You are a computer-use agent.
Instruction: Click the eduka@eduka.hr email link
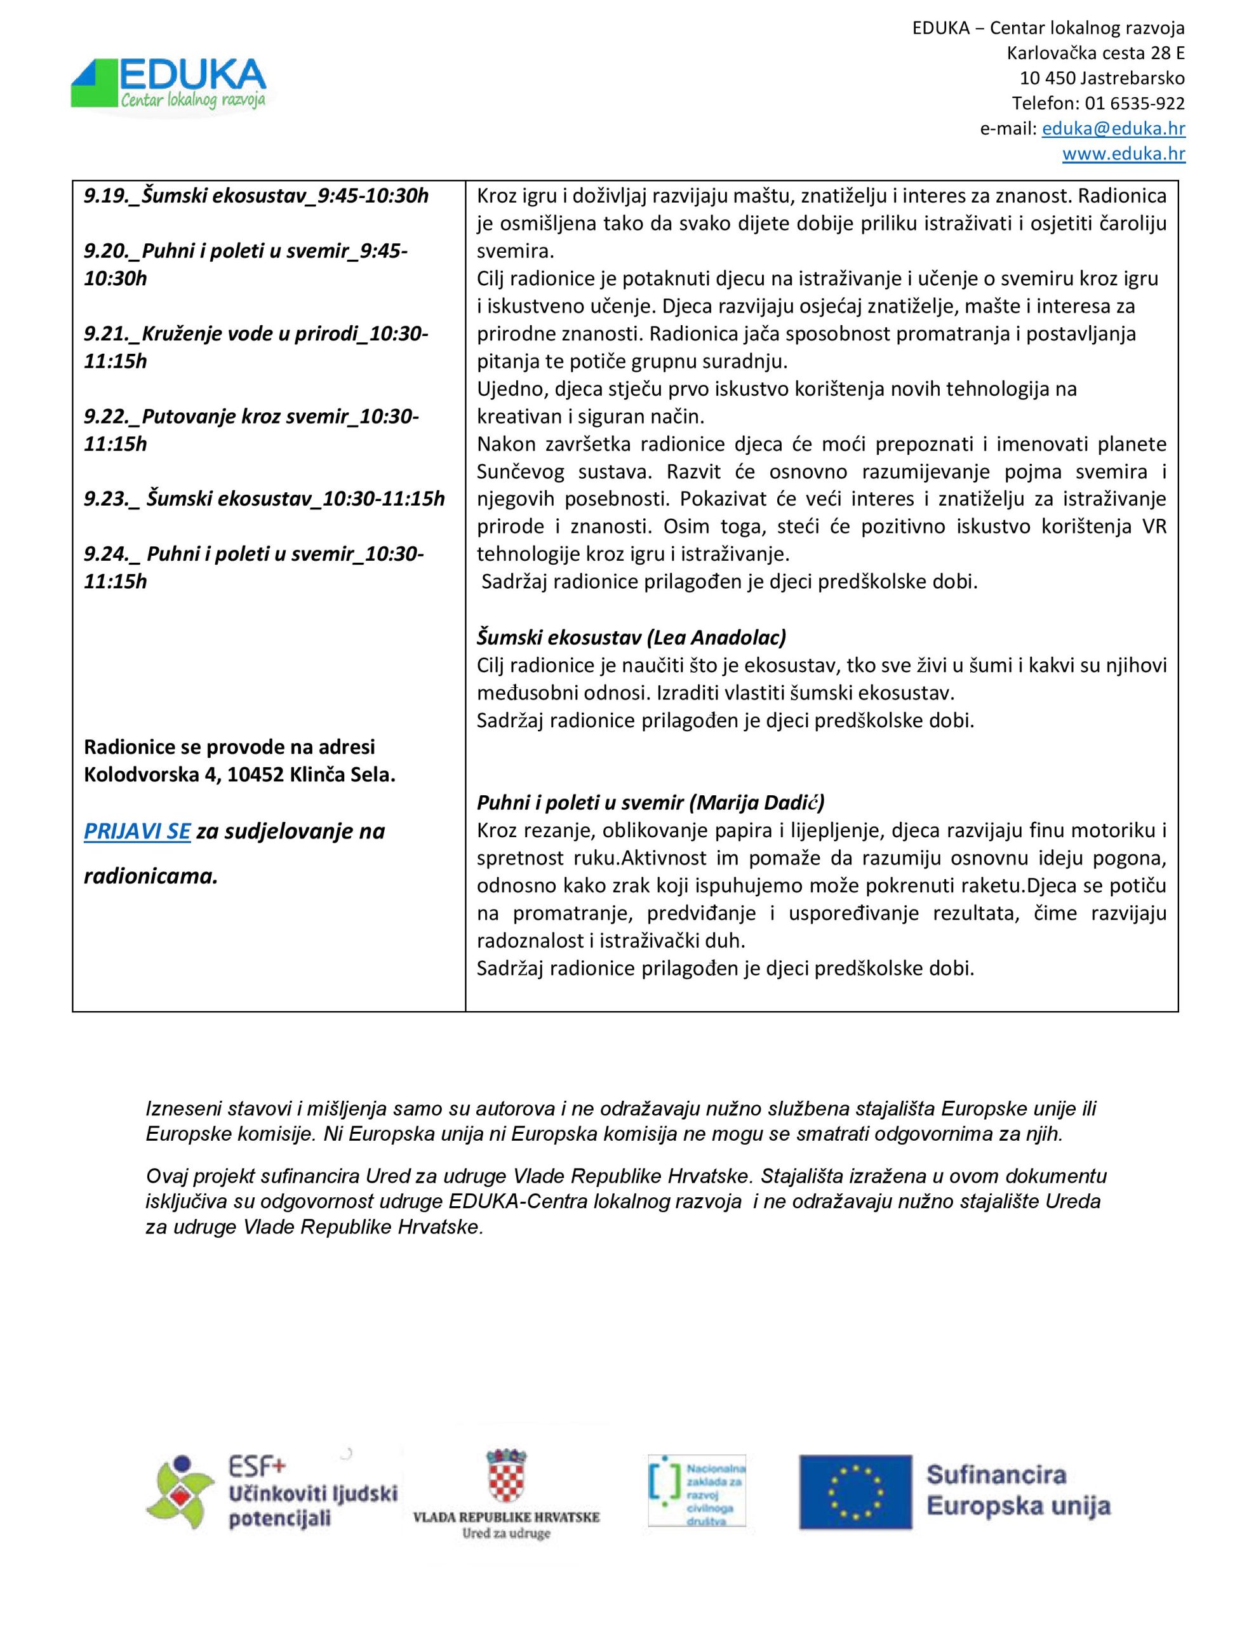tap(1113, 129)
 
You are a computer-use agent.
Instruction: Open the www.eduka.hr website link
tap(1123, 154)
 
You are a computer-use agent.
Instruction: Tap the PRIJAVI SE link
tap(137, 831)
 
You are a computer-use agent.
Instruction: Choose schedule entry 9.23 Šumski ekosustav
tap(264, 498)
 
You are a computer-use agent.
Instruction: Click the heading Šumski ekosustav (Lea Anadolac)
tap(631, 637)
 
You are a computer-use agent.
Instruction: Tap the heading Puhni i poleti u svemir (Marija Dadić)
tap(651, 803)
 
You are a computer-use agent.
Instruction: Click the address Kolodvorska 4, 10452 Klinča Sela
tap(239, 775)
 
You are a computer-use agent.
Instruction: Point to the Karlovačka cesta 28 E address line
tap(1095, 53)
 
